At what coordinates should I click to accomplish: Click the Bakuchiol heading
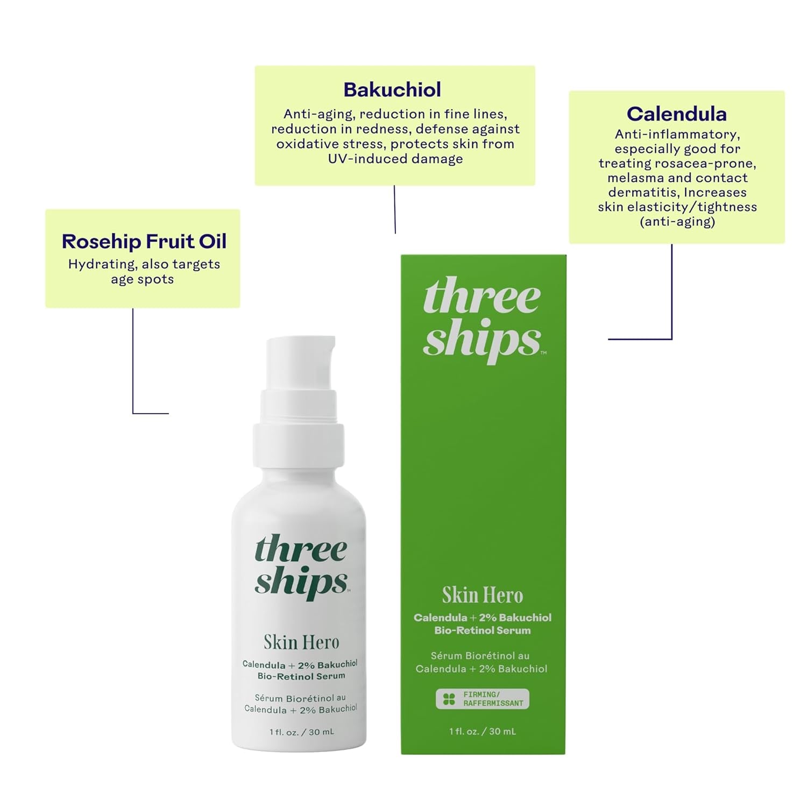392,90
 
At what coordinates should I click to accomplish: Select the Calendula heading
676,114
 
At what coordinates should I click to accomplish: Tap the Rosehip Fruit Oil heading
144,242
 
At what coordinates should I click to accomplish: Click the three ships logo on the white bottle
301,566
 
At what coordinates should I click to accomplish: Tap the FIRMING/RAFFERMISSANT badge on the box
483,699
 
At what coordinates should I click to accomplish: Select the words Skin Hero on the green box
482,595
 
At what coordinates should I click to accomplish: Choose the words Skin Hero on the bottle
301,642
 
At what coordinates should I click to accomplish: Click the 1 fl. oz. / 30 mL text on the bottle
301,732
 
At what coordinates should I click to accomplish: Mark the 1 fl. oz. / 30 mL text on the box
482,731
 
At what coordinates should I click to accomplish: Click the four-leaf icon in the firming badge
449,699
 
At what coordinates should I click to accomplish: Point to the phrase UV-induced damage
395,159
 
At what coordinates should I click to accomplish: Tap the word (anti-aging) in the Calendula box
677,222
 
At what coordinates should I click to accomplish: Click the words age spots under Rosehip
143,279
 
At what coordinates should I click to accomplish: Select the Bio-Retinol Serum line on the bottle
301,676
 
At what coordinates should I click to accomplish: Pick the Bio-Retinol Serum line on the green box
482,630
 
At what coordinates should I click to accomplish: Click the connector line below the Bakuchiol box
395,210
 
